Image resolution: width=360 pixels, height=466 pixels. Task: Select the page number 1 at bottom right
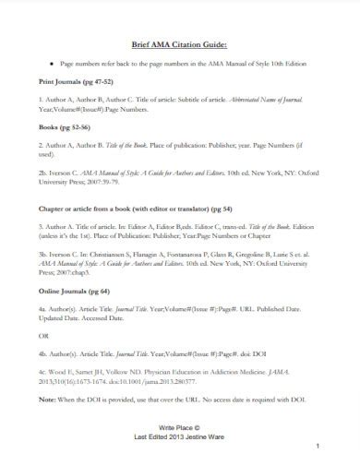[x=317, y=447]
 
